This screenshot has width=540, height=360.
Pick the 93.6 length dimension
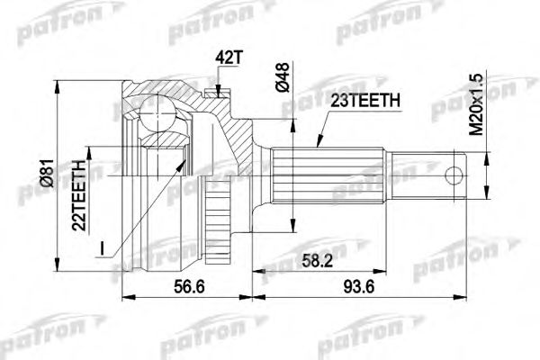pos(362,289)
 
